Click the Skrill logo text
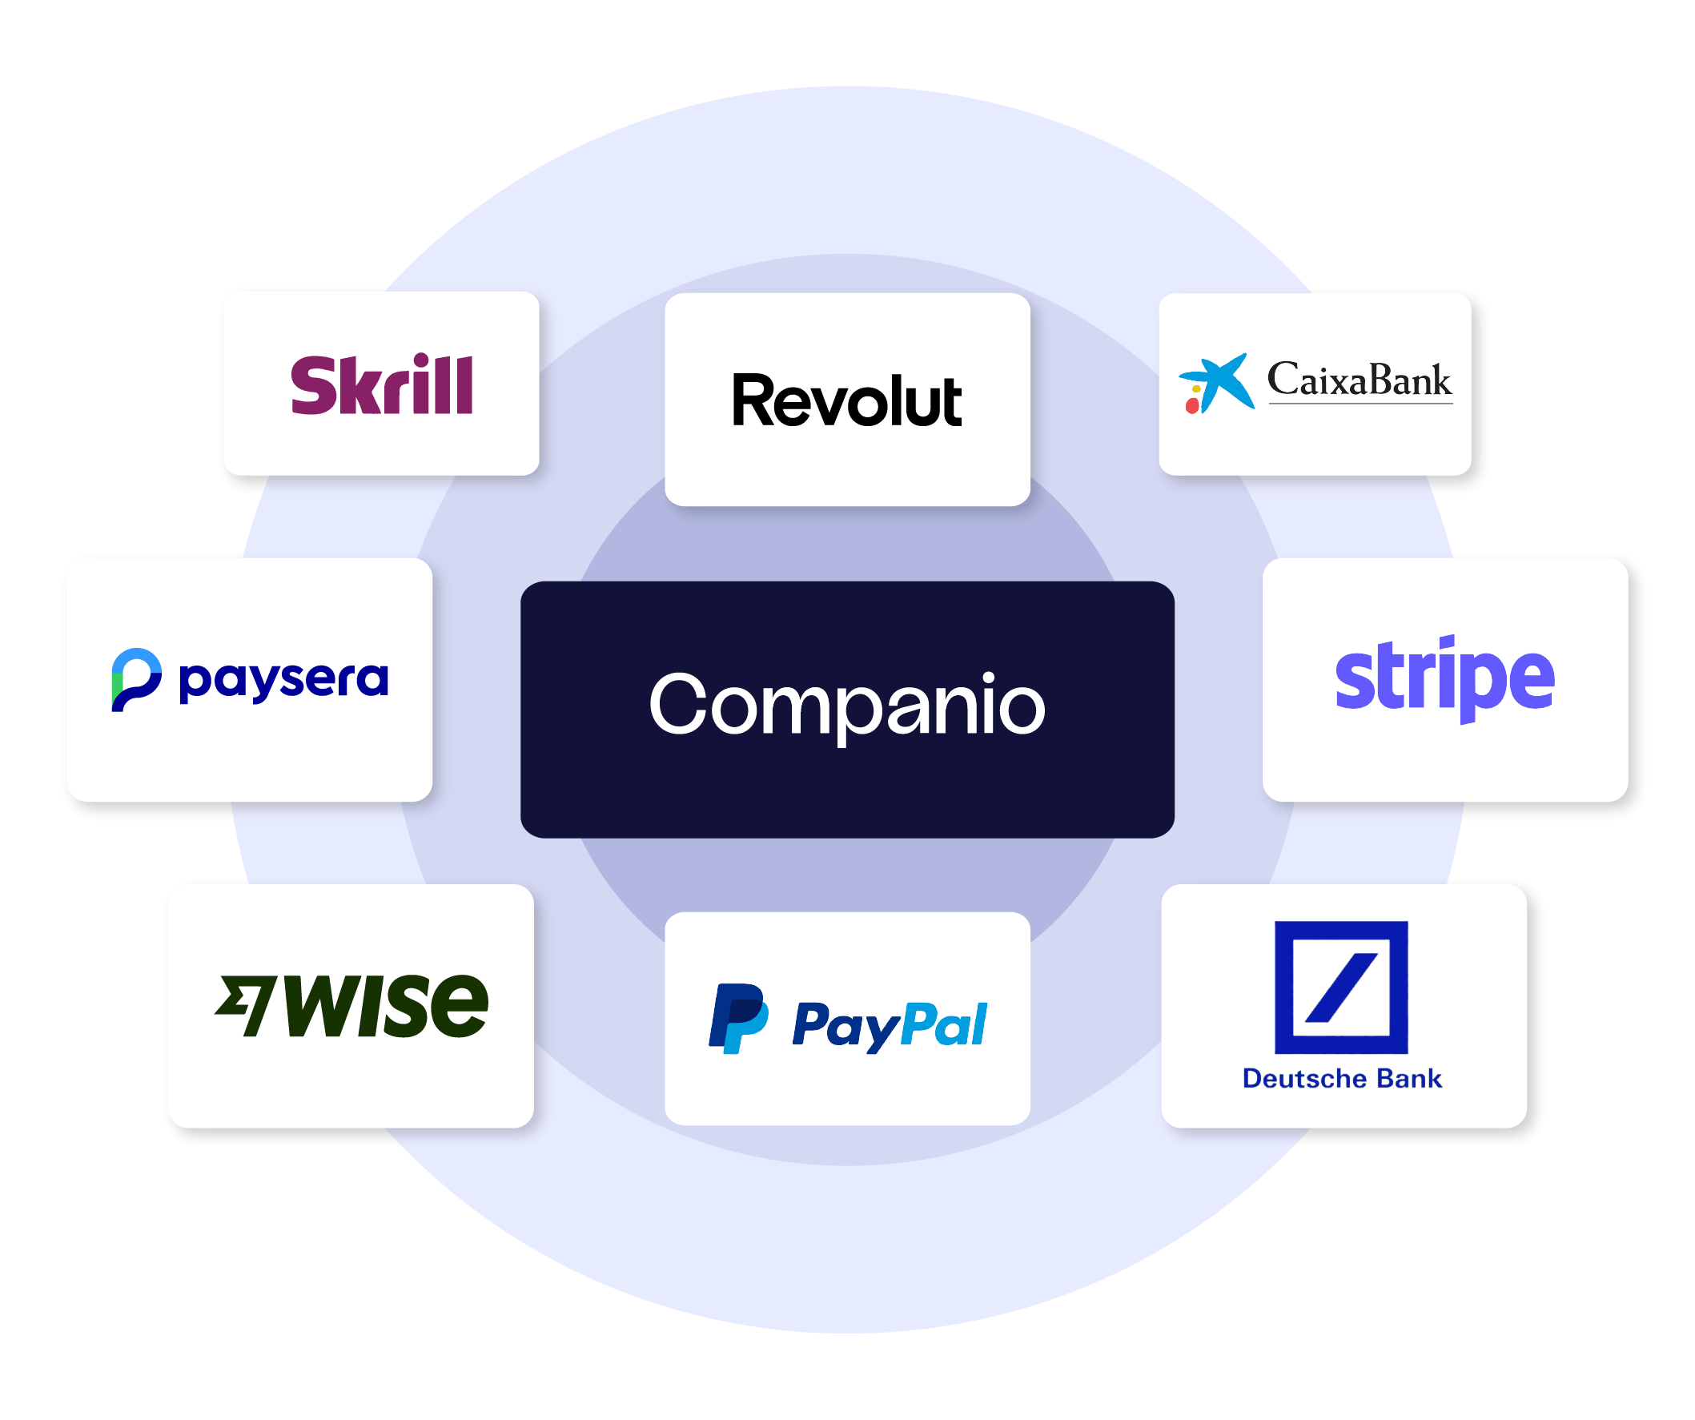pos(382,385)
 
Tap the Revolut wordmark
pos(846,400)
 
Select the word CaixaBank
pos(1360,380)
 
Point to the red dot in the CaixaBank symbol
pos(1192,406)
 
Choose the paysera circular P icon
pos(135,679)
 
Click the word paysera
pos(283,681)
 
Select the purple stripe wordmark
pos(1444,679)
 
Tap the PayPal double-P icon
pos(737,1018)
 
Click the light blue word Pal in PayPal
pos(944,1024)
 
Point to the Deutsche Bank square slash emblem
pos(1340,988)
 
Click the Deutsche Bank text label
pos(1341,1079)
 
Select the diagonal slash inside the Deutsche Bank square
pos(1340,988)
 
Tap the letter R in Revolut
pos(753,400)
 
